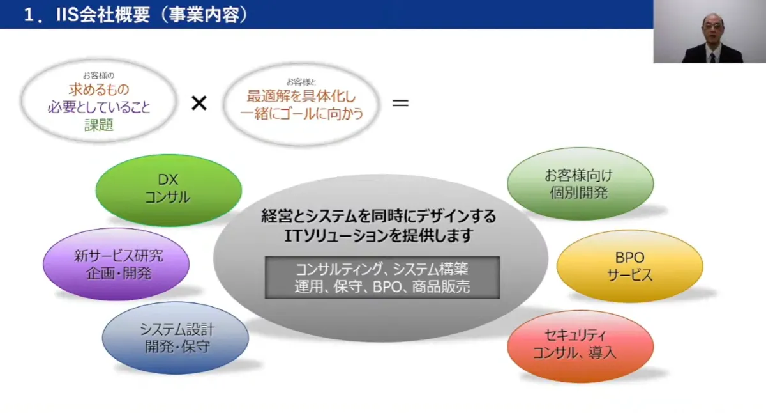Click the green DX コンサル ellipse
click(x=169, y=190)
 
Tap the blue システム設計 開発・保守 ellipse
click(x=176, y=338)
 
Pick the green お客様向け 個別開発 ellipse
click(x=580, y=184)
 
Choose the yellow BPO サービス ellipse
click(x=629, y=267)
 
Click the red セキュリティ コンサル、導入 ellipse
click(x=580, y=344)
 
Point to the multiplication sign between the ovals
click(x=199, y=103)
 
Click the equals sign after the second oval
click(x=400, y=102)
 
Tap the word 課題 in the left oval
click(x=99, y=125)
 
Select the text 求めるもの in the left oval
click(x=99, y=91)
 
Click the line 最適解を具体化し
click(x=301, y=97)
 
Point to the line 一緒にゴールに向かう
click(x=301, y=114)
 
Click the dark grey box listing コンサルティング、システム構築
click(x=382, y=277)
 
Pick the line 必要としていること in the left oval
click(x=99, y=108)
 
